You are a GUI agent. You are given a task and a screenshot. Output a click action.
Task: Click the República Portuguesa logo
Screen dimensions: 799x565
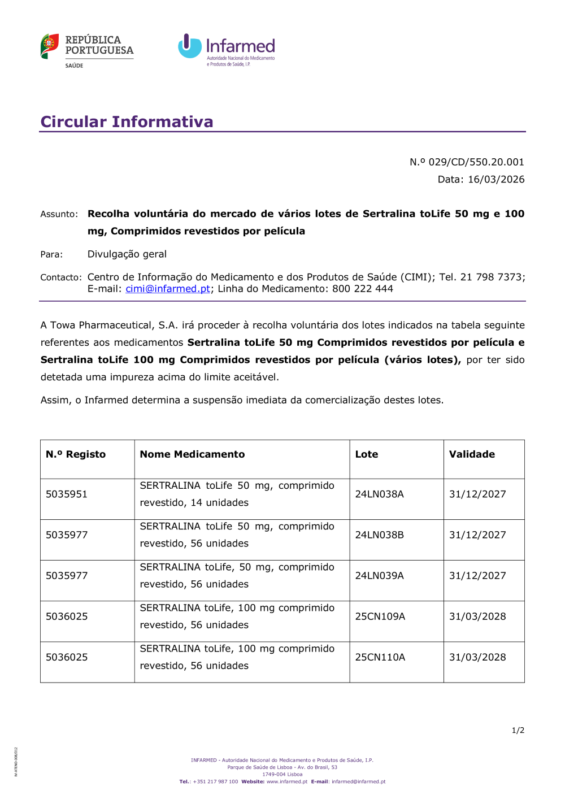pyautogui.click(x=86, y=50)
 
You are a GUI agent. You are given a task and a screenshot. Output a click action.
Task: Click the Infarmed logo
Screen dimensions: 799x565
pyautogui.click(x=227, y=49)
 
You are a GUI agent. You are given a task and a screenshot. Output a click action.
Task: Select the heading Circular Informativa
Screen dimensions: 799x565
pyautogui.click(x=127, y=121)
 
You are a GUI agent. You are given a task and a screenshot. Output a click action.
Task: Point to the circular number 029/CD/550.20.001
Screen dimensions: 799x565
pyautogui.click(x=476, y=162)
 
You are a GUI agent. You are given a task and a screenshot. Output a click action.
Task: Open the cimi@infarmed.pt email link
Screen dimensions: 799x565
pyautogui.click(x=168, y=289)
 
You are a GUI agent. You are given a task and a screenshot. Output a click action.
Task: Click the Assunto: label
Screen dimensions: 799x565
pyautogui.click(x=59, y=214)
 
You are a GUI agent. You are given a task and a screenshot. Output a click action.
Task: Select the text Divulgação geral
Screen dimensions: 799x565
pyautogui.click(x=127, y=254)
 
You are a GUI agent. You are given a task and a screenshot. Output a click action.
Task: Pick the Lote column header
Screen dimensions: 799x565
pyautogui.click(x=367, y=454)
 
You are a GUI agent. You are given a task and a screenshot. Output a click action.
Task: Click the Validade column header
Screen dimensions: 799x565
pyautogui.click(x=472, y=454)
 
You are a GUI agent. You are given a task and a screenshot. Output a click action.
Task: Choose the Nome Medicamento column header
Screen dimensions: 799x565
pyautogui.click(x=192, y=454)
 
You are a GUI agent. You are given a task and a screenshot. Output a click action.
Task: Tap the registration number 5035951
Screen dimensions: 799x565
pyautogui.click(x=67, y=494)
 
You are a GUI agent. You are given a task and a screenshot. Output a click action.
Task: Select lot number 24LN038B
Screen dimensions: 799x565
pyautogui.click(x=379, y=535)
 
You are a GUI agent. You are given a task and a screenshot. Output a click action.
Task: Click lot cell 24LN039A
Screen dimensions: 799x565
pyautogui.click(x=379, y=576)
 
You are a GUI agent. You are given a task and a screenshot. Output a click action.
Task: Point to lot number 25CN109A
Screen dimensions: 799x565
pyautogui.click(x=380, y=616)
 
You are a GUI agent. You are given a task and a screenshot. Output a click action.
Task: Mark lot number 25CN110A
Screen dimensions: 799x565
pyautogui.click(x=380, y=657)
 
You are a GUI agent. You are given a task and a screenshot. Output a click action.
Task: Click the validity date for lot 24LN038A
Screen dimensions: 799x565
pyautogui.click(x=477, y=494)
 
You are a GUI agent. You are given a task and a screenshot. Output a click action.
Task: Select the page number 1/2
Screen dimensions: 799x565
pyautogui.click(x=518, y=731)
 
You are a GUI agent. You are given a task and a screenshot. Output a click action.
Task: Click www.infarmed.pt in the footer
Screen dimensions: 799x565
pyautogui.click(x=287, y=782)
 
